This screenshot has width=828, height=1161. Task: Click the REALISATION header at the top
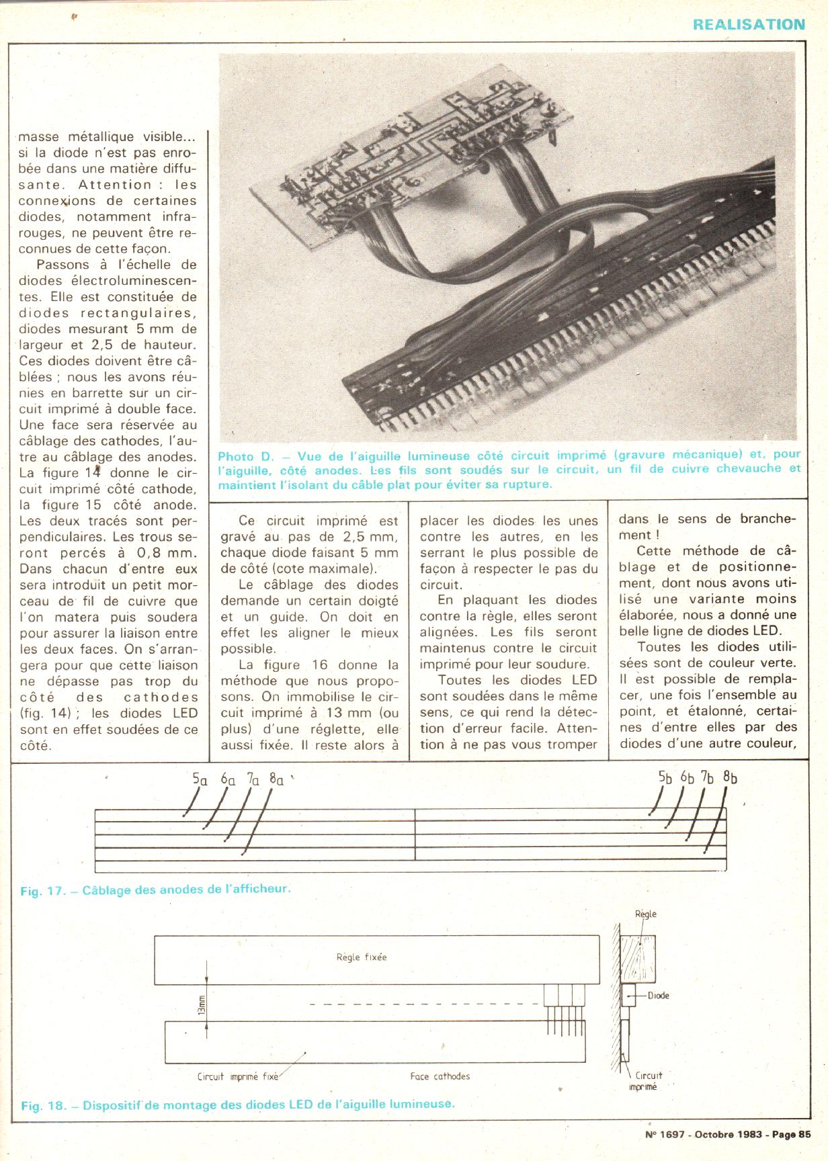749,25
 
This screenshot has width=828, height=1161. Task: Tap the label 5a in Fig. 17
200,779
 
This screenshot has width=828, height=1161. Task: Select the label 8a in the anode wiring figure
276,779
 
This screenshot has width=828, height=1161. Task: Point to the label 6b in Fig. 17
687,777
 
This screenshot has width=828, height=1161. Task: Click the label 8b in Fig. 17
730,777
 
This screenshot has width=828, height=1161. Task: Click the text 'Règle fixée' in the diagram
362,957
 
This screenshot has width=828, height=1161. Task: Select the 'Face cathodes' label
440,1076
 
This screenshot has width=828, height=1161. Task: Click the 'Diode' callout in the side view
658,995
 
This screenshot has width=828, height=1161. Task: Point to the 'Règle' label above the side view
645,914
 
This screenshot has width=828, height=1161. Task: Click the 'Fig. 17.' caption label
42,891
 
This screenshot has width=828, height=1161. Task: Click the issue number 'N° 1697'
664,1134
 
